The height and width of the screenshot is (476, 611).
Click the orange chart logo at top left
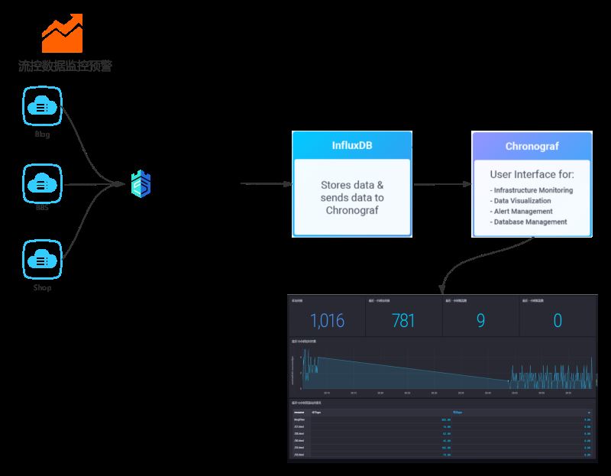tap(62, 32)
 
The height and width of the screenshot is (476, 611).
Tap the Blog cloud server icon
tap(43, 106)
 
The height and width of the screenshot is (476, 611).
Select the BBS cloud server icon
tap(43, 183)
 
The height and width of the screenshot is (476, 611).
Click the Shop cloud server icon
tap(43, 260)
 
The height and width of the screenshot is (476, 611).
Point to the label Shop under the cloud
tap(43, 288)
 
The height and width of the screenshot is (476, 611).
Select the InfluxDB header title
tap(352, 146)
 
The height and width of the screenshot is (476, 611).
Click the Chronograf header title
tap(532, 146)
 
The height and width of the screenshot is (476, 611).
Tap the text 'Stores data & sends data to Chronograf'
tap(352, 197)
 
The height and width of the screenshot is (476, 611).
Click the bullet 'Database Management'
tap(531, 222)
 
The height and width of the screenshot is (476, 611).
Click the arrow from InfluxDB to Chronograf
tap(441, 184)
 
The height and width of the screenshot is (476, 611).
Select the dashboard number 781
tap(403, 320)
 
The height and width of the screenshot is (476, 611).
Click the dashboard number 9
tap(480, 320)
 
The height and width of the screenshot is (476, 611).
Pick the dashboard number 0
tap(557, 320)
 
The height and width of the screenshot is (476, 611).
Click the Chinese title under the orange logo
tap(65, 66)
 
